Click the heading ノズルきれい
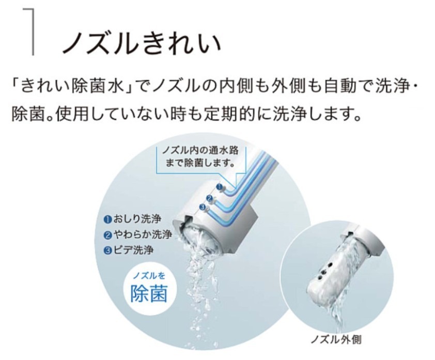pyautogui.click(x=142, y=42)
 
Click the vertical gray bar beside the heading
pyautogui.click(x=34, y=32)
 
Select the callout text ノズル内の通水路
pyautogui.click(x=200, y=150)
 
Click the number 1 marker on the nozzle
pyautogui.click(x=220, y=186)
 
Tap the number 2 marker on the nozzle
pyautogui.click(x=209, y=198)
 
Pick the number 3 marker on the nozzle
pyautogui.click(x=203, y=207)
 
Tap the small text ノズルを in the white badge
pyautogui.click(x=149, y=275)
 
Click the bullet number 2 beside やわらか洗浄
pyautogui.click(x=107, y=235)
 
